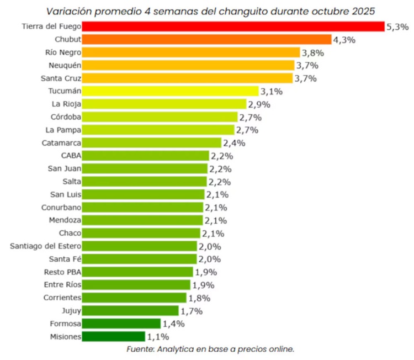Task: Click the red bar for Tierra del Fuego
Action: (233, 27)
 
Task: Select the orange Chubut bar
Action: (207, 39)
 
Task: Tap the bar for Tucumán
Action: (171, 91)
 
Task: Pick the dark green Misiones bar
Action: (114, 336)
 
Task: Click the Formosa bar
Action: (121, 324)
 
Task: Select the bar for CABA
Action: (146, 156)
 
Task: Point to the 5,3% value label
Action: (397, 27)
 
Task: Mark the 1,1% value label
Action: (158, 336)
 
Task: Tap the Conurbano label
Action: (61, 207)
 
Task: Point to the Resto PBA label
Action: (62, 272)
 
